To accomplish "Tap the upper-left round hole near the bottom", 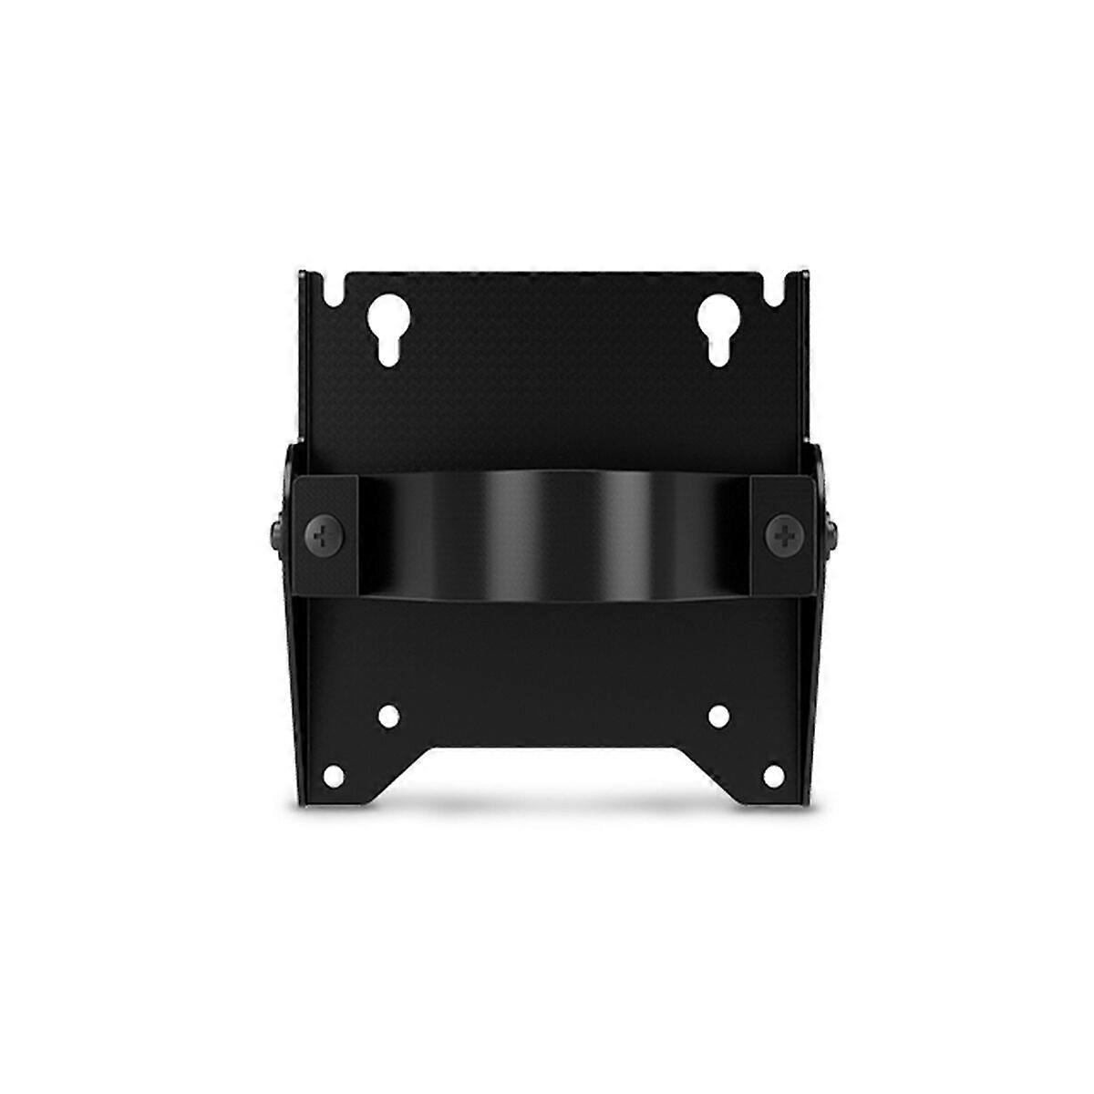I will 389,714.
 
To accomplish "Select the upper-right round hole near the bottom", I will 717,714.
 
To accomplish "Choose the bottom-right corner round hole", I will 774,776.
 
